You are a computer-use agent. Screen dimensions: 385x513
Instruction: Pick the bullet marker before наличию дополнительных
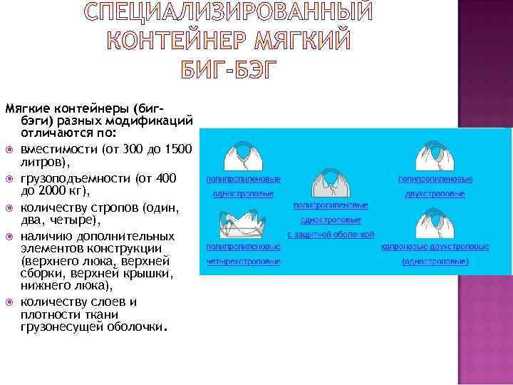tap(9, 235)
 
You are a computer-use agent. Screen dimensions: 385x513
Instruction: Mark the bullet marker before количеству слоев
tap(9, 302)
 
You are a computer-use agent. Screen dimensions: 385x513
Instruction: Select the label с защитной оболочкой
tap(331, 234)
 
